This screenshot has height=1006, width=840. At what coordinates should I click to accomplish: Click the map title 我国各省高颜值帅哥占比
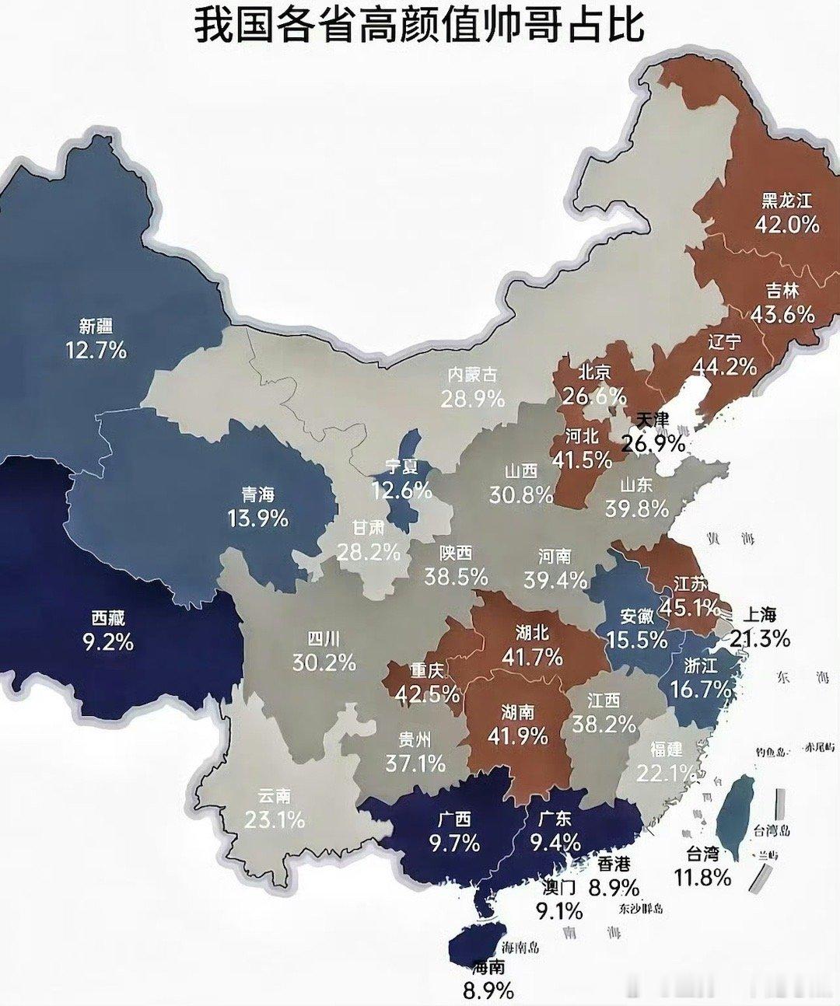419,24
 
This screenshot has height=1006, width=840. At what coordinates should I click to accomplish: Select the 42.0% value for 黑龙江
786,225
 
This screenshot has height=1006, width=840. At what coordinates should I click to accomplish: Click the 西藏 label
107,618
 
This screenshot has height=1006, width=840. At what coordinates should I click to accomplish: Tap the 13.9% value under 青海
257,518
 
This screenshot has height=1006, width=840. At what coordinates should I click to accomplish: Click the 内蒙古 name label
472,375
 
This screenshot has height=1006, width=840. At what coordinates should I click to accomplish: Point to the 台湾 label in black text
702,854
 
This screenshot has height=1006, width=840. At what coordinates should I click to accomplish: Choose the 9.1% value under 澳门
558,910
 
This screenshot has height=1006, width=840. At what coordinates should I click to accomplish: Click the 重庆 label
427,670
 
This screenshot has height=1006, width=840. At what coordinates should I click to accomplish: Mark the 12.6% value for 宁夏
401,491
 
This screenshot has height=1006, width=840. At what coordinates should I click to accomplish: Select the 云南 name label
274,796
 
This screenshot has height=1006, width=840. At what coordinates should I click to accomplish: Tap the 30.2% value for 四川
324,662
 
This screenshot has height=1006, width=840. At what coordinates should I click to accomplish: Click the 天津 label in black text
652,419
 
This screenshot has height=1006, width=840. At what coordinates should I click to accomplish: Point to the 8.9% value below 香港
614,887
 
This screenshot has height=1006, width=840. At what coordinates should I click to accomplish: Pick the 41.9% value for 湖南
518,735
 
